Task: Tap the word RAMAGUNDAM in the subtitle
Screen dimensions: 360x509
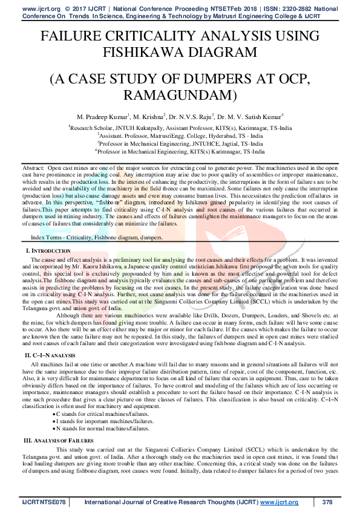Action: point(179,94)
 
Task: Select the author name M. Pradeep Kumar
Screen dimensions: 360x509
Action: point(112,116)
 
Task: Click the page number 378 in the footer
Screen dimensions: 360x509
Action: point(327,502)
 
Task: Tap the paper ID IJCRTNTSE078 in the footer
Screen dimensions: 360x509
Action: point(43,502)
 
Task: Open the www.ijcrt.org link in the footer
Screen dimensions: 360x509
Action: point(280,502)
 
